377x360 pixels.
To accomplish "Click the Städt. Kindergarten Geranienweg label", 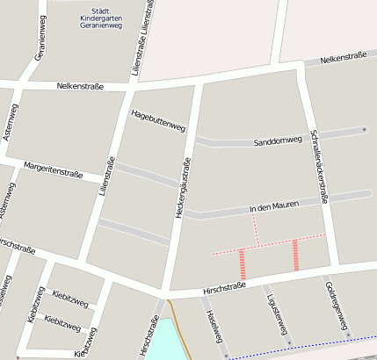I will tap(94, 18).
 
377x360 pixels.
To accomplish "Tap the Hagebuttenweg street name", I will tap(157, 120).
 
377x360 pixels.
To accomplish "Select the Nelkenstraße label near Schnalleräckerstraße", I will tap(342, 60).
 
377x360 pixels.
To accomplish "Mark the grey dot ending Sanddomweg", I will tap(364, 130).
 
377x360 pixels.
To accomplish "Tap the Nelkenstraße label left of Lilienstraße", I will tap(80, 86).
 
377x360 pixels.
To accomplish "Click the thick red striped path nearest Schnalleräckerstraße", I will tap(296, 255).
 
